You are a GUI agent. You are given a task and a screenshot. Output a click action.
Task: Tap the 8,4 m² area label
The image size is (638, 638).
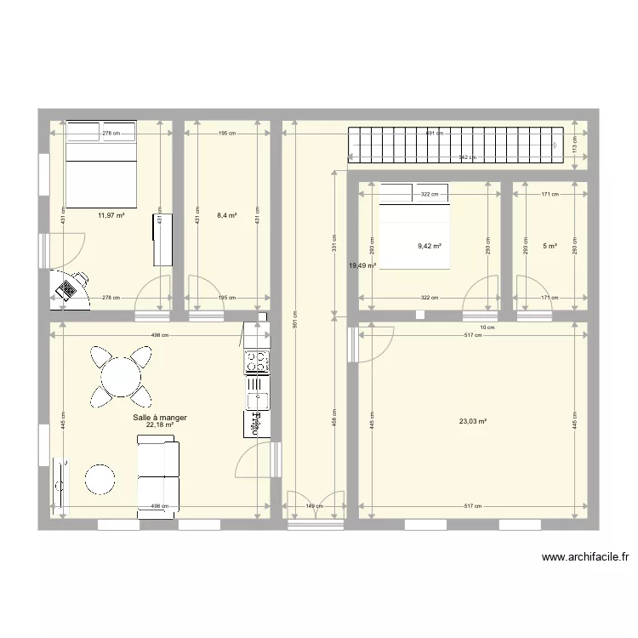(x=226, y=215)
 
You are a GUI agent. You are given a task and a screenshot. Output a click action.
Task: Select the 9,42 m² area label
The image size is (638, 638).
(x=429, y=246)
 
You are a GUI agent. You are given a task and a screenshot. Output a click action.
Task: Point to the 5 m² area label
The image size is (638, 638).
(x=550, y=246)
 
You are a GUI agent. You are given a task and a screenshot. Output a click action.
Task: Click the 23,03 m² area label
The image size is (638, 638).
(x=472, y=420)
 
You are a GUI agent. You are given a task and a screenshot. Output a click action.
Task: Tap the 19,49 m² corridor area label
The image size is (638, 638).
(x=362, y=265)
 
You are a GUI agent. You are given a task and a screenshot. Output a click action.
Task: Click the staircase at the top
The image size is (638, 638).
(x=455, y=145)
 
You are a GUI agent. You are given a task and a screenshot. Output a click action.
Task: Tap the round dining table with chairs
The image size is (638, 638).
(x=121, y=375)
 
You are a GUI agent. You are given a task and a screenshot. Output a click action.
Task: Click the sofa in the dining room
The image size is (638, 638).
(x=159, y=476)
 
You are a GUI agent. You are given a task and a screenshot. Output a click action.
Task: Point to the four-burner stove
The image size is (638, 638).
(x=256, y=363)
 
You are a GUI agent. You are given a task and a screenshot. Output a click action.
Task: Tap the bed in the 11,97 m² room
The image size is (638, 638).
(x=101, y=164)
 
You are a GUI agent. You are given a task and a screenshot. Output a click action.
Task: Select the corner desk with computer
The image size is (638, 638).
(x=70, y=286)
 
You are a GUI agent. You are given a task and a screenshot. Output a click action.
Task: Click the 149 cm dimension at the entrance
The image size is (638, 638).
(x=315, y=506)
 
